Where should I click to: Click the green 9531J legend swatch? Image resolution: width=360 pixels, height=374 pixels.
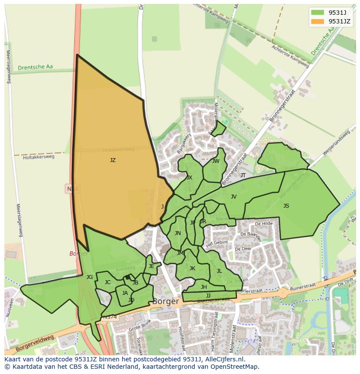[x=318, y=12]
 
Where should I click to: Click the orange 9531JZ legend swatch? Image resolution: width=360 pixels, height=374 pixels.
[x=318, y=21]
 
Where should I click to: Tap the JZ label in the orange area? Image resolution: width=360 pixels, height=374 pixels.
[x=113, y=160]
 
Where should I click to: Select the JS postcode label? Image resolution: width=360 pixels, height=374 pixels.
[x=286, y=206]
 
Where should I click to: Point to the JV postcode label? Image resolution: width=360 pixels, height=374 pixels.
[x=233, y=197]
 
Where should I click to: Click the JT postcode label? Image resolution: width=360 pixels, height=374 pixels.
[x=243, y=175]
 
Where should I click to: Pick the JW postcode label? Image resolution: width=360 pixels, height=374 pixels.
[x=216, y=161]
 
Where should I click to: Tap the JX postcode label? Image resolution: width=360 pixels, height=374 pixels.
[x=189, y=178]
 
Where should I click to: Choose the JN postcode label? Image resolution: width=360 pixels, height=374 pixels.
[x=177, y=233]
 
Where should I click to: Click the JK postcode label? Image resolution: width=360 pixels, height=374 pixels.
[x=192, y=268]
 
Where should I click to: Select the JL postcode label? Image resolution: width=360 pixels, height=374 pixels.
[x=219, y=271]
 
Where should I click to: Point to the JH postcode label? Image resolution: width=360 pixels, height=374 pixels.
[x=203, y=287]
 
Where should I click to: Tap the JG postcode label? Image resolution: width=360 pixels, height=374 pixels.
[x=89, y=277]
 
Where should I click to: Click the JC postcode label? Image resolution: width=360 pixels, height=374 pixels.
[x=107, y=282]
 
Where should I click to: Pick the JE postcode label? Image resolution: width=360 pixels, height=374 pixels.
[x=151, y=266]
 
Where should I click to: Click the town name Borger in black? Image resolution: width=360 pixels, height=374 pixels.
[x=166, y=301]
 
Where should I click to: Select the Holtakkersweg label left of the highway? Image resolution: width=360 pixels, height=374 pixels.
[x=39, y=157]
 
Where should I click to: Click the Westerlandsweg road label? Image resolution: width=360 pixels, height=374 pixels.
[x=337, y=143]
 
